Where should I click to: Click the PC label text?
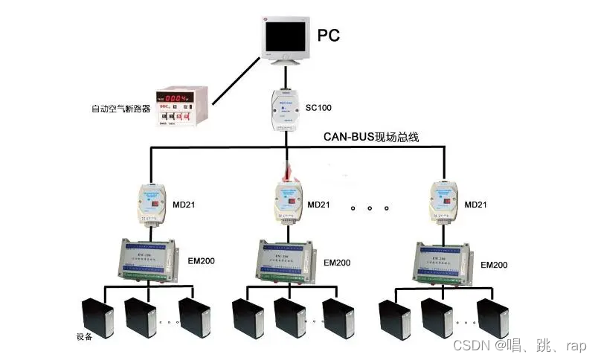pyautogui.click(x=329, y=35)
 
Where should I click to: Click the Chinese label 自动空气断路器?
pyautogui.click(x=120, y=109)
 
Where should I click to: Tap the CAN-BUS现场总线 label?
pyautogui.click(x=371, y=137)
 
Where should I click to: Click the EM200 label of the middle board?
pyautogui.click(x=336, y=263)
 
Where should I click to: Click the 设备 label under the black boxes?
pyautogui.click(x=84, y=336)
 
